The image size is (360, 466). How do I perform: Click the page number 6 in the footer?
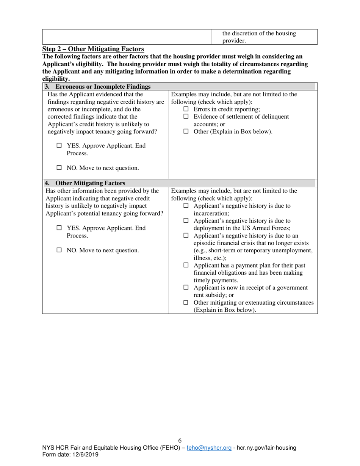[180, 440]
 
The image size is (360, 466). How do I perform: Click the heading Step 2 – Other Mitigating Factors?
[93, 49]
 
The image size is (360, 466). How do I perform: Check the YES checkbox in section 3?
[59, 145]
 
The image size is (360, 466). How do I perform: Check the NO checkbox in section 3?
[59, 167]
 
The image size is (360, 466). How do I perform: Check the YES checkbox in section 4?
[59, 228]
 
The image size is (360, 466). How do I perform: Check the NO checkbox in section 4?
[59, 250]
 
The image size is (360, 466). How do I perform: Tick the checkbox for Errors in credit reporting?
[186, 109]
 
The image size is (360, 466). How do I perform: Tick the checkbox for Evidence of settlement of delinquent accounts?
[186, 117]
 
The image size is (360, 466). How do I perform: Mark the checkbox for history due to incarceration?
[186, 206]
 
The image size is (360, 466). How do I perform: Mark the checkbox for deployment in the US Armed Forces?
[186, 220]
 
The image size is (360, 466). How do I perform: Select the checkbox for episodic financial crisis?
[186, 236]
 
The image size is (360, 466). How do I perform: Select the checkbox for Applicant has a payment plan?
[186, 265]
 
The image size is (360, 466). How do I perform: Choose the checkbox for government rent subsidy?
[186, 288]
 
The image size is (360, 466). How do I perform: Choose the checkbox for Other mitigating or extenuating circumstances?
[186, 303]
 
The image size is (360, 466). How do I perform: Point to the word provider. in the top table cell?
[234, 41]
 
